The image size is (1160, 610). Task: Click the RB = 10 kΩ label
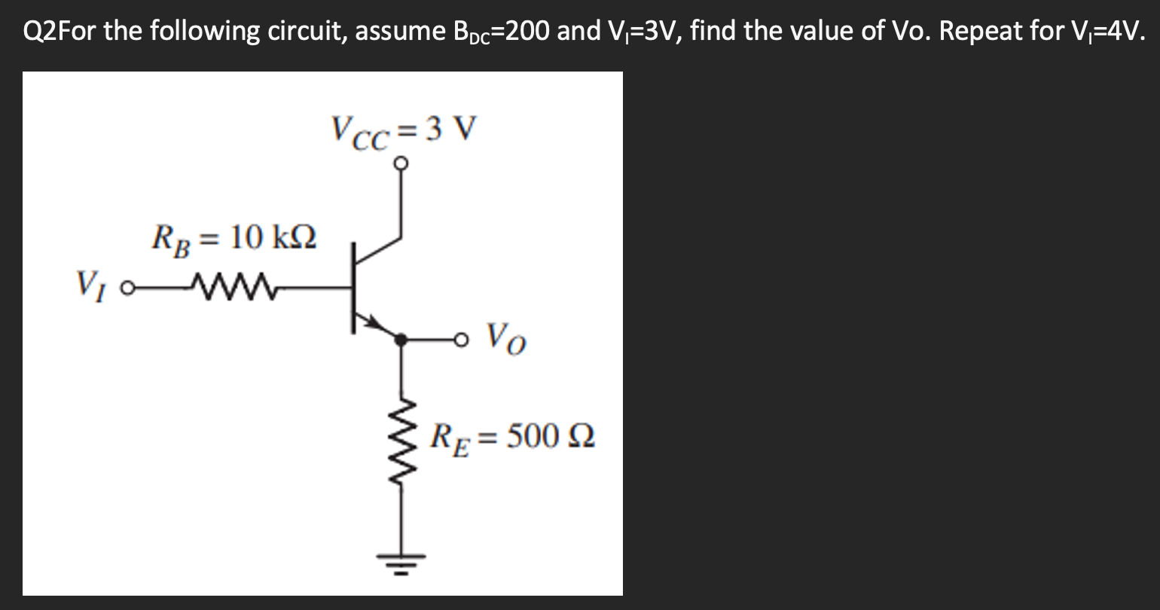234,239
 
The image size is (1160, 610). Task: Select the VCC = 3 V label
403,130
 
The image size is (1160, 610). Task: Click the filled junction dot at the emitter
401,340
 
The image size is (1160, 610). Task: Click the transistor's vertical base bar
353,288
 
